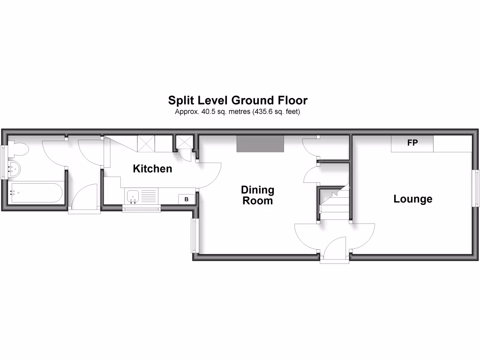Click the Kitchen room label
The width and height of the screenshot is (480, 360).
pyautogui.click(x=152, y=169)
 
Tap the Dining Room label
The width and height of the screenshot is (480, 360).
pyautogui.click(x=257, y=195)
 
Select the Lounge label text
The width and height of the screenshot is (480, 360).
pyautogui.click(x=412, y=199)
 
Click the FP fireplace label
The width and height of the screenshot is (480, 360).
pyautogui.click(x=412, y=143)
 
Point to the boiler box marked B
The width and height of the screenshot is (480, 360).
pyautogui.click(x=187, y=199)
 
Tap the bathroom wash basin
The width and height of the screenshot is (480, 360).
pyautogui.click(x=15, y=169)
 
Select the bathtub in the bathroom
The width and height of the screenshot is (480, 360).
pyautogui.click(x=35, y=193)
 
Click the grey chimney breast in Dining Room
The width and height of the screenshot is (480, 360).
pyautogui.click(x=260, y=144)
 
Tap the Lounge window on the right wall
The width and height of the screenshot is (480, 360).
pyautogui.click(x=476, y=187)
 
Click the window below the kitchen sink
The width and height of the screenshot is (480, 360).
pyautogui.click(x=141, y=209)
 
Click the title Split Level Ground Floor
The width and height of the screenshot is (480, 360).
pyautogui.click(x=238, y=100)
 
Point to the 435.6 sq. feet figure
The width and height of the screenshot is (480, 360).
pyautogui.click(x=258, y=112)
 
